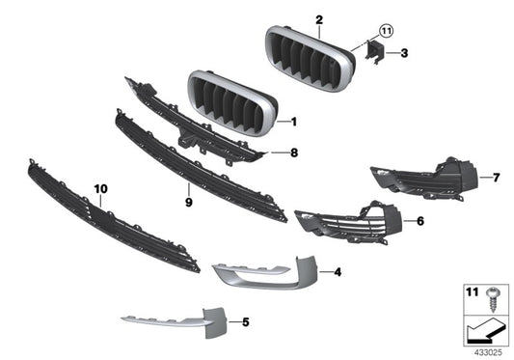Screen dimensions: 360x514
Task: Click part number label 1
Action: pos(294,122)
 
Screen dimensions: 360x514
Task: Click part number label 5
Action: pos(245,320)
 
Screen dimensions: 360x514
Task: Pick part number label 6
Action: pos(419,221)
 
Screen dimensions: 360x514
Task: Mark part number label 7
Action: pos(497,178)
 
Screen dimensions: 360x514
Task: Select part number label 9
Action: pos(189,204)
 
